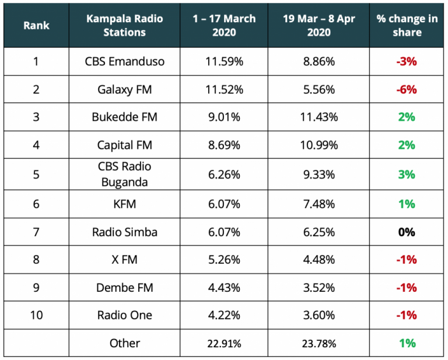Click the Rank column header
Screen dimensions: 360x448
(36, 26)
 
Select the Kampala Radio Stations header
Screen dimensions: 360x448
(124, 26)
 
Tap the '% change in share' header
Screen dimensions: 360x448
(407, 26)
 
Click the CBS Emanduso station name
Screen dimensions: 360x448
(124, 61)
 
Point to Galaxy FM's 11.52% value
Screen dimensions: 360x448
(224, 89)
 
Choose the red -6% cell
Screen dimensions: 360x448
(407, 89)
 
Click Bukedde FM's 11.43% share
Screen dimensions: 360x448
(318, 117)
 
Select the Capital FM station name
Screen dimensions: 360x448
(124, 145)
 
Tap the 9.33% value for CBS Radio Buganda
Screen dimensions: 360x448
(318, 174)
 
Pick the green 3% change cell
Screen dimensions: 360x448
(407, 174)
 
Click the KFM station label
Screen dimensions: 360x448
(124, 204)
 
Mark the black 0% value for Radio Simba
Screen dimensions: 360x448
(407, 232)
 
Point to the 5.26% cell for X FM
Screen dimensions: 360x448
(224, 260)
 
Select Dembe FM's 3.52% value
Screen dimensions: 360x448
(318, 287)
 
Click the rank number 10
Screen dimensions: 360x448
(36, 315)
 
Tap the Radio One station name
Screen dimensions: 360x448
(124, 315)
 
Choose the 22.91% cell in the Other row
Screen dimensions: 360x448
(224, 343)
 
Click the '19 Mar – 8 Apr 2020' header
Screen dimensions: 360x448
(318, 26)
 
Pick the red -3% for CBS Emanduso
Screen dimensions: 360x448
(407, 61)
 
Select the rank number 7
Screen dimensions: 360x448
(36, 232)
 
